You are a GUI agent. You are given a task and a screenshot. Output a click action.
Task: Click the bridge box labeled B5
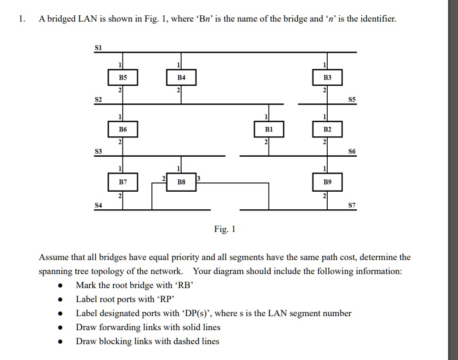click(123, 77)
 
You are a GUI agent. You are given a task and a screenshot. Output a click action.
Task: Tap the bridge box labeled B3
click(327, 77)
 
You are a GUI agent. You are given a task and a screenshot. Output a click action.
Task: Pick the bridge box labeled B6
click(123, 129)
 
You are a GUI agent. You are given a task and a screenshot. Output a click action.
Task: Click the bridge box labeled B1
click(269, 129)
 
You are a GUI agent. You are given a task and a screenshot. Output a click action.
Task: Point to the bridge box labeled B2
click(327, 129)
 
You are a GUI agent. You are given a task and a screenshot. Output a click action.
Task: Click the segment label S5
click(351, 99)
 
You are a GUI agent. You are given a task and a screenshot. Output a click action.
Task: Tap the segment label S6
click(351, 151)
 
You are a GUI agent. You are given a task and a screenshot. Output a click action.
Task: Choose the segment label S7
click(351, 205)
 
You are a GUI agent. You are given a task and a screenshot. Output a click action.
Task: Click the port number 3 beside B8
click(198, 177)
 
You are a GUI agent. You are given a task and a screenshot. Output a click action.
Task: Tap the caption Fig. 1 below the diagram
click(225, 230)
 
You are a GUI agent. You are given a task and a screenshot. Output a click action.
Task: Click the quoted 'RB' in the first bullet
click(183, 285)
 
